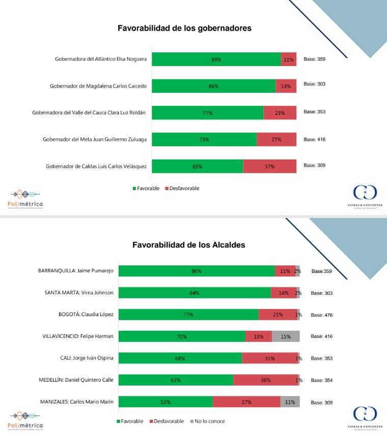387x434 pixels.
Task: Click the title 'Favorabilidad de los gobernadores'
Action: [184, 28]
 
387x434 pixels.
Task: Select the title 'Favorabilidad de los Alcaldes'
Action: [188, 245]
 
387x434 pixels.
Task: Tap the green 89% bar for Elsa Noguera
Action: [216, 59]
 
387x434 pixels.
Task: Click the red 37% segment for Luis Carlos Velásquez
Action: [269, 166]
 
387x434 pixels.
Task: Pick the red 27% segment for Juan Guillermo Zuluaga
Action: [277, 140]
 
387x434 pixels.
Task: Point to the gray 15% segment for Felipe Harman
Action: [286, 336]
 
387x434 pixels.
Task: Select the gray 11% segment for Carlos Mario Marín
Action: [290, 402]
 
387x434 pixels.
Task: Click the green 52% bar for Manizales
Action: [165, 402]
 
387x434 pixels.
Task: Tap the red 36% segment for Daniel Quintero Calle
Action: [265, 380]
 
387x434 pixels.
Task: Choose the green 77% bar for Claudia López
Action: [188, 315]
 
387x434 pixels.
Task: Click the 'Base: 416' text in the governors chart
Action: [314, 139]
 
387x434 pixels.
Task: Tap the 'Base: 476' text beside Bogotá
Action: [321, 315]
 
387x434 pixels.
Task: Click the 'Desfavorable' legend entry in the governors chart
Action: [182, 189]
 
